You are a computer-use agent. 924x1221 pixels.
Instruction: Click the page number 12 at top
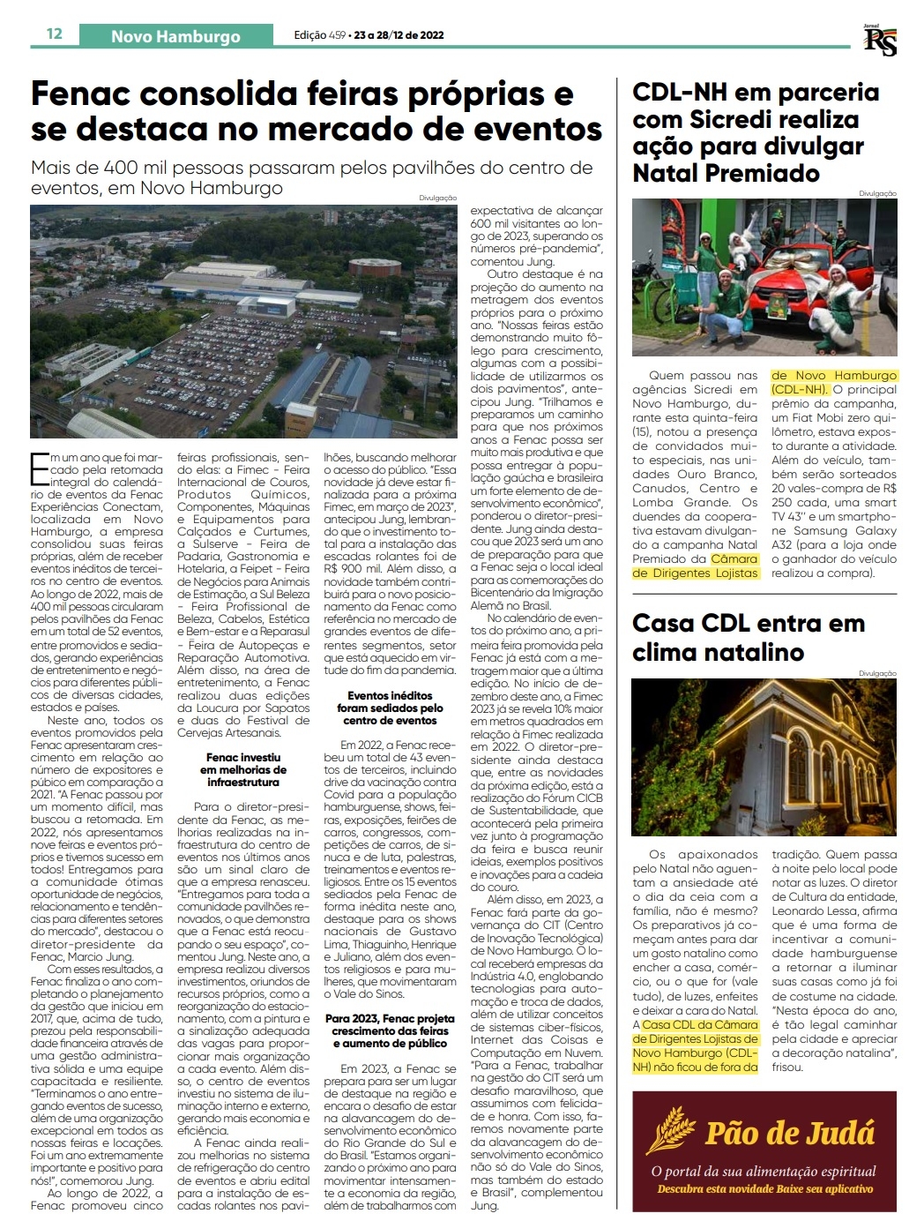[55, 34]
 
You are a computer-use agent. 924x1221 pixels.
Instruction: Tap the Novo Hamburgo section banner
[175, 36]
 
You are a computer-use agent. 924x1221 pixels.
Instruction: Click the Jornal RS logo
[879, 40]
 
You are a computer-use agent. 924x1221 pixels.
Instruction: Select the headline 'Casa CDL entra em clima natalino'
[748, 637]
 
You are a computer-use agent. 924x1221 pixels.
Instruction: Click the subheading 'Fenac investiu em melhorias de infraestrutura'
[243, 769]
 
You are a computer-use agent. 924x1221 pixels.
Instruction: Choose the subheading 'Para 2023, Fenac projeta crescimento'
[391, 1030]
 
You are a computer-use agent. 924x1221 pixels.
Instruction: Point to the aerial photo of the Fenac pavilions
[243, 321]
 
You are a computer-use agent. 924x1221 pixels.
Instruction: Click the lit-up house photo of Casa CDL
[764, 757]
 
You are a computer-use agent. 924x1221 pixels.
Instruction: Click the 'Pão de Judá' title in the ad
[789, 1132]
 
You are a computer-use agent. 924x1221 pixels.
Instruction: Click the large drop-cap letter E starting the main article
[40, 468]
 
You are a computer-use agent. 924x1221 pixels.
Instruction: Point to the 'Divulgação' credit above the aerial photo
[438, 199]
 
